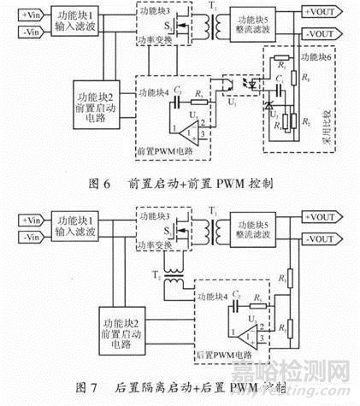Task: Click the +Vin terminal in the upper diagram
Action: point(21,15)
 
